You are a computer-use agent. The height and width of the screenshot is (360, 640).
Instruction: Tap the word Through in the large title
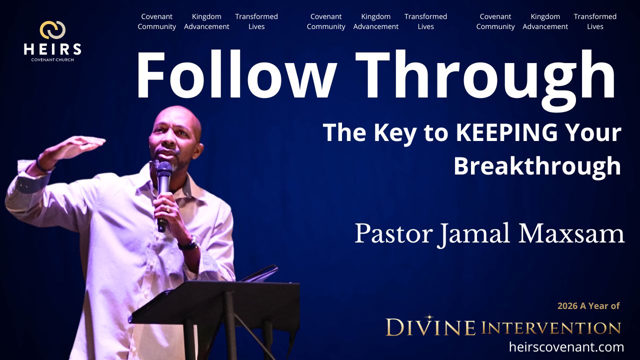[x=485, y=80]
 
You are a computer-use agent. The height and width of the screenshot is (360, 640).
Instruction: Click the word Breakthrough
[x=537, y=166]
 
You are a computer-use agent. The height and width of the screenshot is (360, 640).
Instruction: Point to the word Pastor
[x=393, y=234]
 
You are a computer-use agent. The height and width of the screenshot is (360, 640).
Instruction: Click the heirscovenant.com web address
[x=566, y=347]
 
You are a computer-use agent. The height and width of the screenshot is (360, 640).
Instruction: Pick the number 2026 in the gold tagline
[x=567, y=306]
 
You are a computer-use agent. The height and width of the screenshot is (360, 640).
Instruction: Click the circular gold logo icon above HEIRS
[x=52, y=30]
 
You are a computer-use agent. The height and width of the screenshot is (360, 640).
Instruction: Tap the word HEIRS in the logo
[x=52, y=49]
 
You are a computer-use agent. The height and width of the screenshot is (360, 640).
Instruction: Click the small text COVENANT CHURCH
[x=52, y=59]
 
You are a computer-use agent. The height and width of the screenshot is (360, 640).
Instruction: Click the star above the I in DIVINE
[x=428, y=317]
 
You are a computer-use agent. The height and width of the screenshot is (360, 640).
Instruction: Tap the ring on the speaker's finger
[x=167, y=210]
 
